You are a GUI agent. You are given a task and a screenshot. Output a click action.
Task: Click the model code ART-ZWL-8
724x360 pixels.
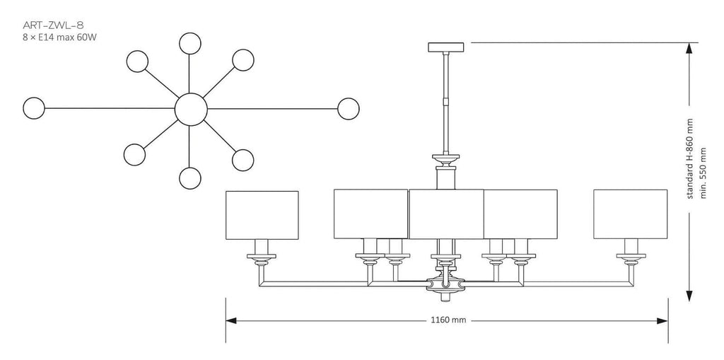pyautogui.click(x=52, y=25)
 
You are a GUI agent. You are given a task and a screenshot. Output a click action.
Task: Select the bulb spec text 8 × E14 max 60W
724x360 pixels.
pyautogui.click(x=59, y=37)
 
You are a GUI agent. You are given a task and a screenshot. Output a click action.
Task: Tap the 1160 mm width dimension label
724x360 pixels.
pyautogui.click(x=447, y=320)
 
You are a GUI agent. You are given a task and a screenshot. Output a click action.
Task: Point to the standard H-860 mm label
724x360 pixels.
pyautogui.click(x=691, y=158)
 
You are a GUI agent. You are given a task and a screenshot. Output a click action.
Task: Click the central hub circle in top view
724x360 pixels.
pyautogui.click(x=191, y=109)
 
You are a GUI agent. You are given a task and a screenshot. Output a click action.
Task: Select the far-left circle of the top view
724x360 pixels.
pyautogui.click(x=34, y=108)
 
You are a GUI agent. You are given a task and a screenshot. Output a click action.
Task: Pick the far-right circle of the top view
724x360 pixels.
pyautogui.click(x=348, y=109)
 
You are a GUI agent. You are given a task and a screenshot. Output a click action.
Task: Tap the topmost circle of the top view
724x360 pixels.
pyautogui.click(x=189, y=43)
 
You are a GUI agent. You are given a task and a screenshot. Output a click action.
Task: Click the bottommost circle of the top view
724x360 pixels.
pyautogui.click(x=189, y=178)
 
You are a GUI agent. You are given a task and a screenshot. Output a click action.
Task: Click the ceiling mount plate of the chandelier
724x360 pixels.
pyautogui.click(x=446, y=47)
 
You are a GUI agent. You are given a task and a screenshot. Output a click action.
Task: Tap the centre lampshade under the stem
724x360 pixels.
pyautogui.click(x=446, y=214)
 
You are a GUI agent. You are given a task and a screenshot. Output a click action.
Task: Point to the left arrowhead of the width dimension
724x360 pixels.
pyautogui.click(x=231, y=320)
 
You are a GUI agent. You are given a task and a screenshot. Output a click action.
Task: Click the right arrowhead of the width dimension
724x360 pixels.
pyautogui.click(x=662, y=320)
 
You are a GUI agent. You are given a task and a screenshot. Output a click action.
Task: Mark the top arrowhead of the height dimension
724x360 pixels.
pyautogui.click(x=689, y=49)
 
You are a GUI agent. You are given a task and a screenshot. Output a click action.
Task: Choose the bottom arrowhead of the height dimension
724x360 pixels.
pyautogui.click(x=689, y=296)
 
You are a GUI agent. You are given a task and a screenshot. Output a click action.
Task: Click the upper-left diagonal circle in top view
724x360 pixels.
pyautogui.click(x=137, y=61)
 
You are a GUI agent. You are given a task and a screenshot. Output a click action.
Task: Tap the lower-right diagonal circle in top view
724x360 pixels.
pyautogui.click(x=243, y=160)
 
